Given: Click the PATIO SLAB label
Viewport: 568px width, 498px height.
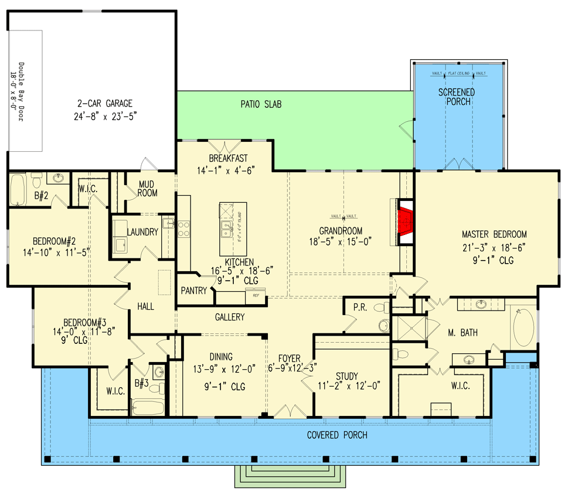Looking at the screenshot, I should point(261,105).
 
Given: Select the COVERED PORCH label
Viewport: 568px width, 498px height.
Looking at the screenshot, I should point(337,435).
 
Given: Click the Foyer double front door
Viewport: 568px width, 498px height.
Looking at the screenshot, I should point(290,412).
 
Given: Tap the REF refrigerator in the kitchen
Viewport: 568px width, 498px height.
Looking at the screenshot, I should point(256,296).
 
